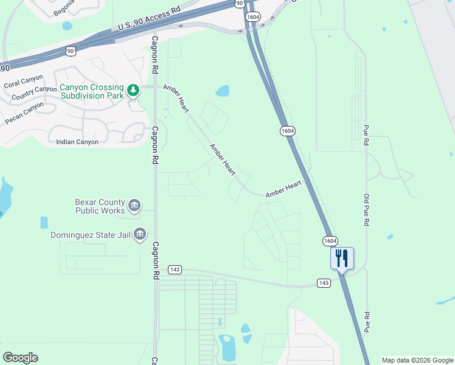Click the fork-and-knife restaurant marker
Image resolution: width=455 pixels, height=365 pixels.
(x=342, y=258)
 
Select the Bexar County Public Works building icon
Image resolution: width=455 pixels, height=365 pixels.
(x=134, y=206)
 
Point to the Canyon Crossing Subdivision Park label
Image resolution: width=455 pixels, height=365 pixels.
(x=92, y=91)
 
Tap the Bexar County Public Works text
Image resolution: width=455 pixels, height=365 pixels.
(x=100, y=206)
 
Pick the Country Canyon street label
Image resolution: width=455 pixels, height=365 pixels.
(x=33, y=93)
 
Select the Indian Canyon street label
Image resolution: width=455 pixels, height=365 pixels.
(x=77, y=142)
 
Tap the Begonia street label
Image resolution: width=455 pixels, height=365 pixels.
(x=64, y=8)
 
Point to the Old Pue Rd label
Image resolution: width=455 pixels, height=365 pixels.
(x=367, y=210)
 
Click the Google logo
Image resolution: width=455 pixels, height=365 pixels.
(x=20, y=358)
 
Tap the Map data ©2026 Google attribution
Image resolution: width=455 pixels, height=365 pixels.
(x=417, y=360)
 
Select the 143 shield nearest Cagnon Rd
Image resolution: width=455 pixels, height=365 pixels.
(x=175, y=269)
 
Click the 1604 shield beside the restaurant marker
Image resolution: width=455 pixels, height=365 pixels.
(x=330, y=242)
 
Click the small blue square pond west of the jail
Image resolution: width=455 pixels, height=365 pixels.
(x=44, y=223)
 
